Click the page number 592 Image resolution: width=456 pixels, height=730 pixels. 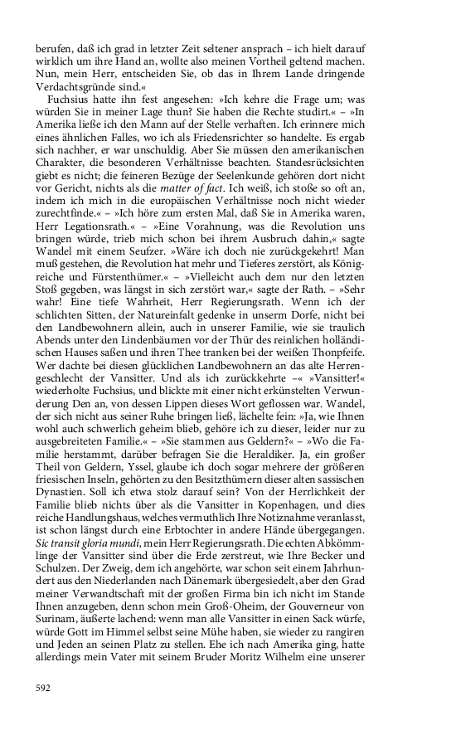pos(44,689)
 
